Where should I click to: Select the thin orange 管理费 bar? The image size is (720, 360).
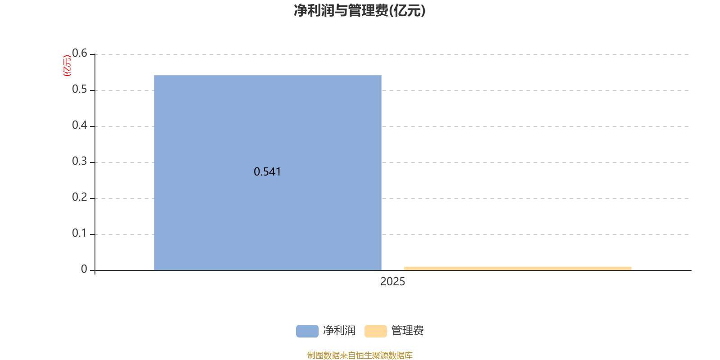point(517,268)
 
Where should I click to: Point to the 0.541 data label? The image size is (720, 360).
point(267,171)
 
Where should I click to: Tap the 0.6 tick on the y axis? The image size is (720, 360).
point(80,54)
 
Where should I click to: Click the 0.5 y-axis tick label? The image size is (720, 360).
point(80,90)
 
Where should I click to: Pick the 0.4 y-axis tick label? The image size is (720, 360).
point(80,126)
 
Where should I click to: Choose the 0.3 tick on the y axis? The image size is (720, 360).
point(80,162)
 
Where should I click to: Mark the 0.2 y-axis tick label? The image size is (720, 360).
point(80,198)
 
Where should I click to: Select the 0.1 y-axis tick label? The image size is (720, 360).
point(80,234)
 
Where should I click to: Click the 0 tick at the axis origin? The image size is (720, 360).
point(84,270)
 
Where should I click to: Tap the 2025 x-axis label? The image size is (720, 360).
point(392,282)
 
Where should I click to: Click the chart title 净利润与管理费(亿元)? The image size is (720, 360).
point(360,11)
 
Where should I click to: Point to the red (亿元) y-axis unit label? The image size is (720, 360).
point(67,66)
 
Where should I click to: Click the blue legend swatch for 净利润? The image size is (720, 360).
point(307,331)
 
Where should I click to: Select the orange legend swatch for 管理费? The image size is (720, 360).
point(375,331)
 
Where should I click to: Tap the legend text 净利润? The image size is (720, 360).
point(339,331)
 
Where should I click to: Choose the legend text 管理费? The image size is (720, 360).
point(408,331)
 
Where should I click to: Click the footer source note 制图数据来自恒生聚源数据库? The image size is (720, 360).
point(360,355)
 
